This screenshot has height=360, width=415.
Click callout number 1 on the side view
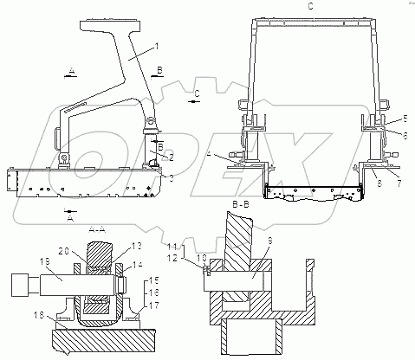click(157, 47)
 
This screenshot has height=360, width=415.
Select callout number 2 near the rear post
click(172, 157)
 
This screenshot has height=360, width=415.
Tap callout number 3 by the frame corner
click(172, 178)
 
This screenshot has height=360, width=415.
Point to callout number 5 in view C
click(405, 119)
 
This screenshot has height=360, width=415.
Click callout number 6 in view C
click(405, 136)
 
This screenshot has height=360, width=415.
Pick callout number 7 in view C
click(399, 183)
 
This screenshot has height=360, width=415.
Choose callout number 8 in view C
click(379, 183)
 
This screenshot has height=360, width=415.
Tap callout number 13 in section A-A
click(137, 246)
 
